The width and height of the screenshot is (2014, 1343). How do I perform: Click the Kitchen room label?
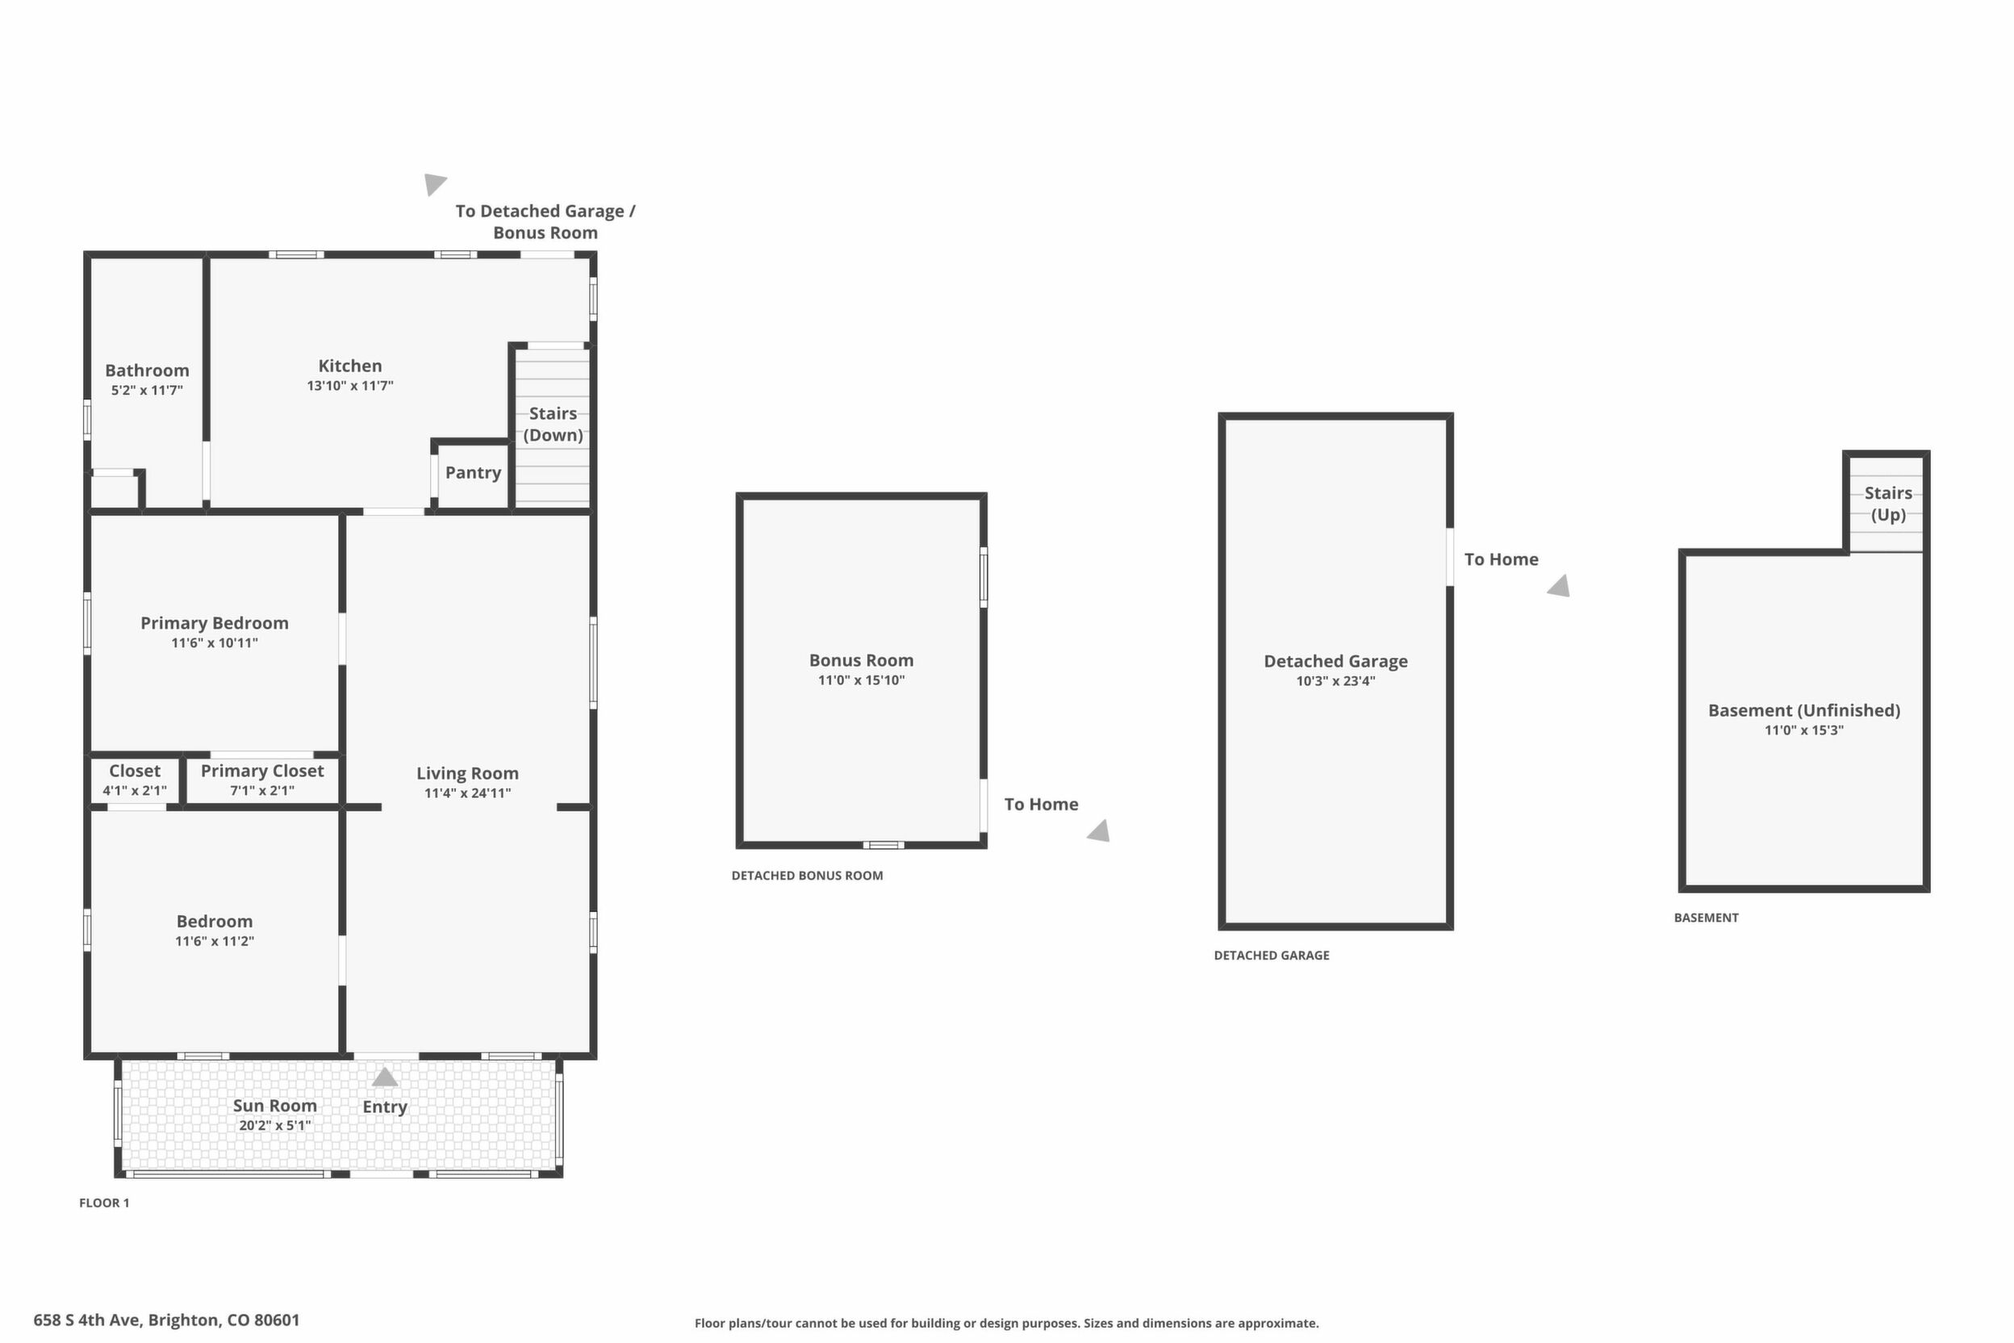click(350, 366)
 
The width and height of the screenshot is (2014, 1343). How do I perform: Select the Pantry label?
click(473, 473)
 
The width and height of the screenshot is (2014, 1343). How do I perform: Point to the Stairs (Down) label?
click(554, 424)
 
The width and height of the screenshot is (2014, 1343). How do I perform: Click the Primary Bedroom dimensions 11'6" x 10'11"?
click(214, 643)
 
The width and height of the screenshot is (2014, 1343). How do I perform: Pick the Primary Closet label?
click(262, 771)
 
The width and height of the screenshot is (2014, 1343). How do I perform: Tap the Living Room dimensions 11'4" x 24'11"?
click(467, 793)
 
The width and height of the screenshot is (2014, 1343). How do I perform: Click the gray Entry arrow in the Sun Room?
click(384, 1077)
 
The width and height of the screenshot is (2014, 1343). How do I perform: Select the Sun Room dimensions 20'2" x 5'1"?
click(275, 1125)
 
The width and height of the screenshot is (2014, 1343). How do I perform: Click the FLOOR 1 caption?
click(104, 1203)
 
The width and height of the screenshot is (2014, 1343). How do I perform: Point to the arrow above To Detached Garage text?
click(434, 183)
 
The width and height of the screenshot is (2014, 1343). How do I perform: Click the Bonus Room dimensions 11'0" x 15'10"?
click(862, 681)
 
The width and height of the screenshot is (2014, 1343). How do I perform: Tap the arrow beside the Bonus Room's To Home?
click(1099, 830)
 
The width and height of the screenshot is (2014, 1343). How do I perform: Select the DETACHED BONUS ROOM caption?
click(807, 876)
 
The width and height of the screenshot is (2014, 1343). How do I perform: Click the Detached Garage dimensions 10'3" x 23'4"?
click(1336, 682)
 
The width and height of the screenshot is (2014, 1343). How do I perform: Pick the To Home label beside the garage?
click(1501, 559)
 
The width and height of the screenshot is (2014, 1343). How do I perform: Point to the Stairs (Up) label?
click(1888, 504)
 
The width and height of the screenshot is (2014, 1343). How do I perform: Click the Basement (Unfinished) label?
click(1804, 710)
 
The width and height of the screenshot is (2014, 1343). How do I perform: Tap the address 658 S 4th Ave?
click(86, 1320)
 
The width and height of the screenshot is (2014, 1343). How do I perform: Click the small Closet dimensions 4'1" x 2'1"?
click(135, 791)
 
